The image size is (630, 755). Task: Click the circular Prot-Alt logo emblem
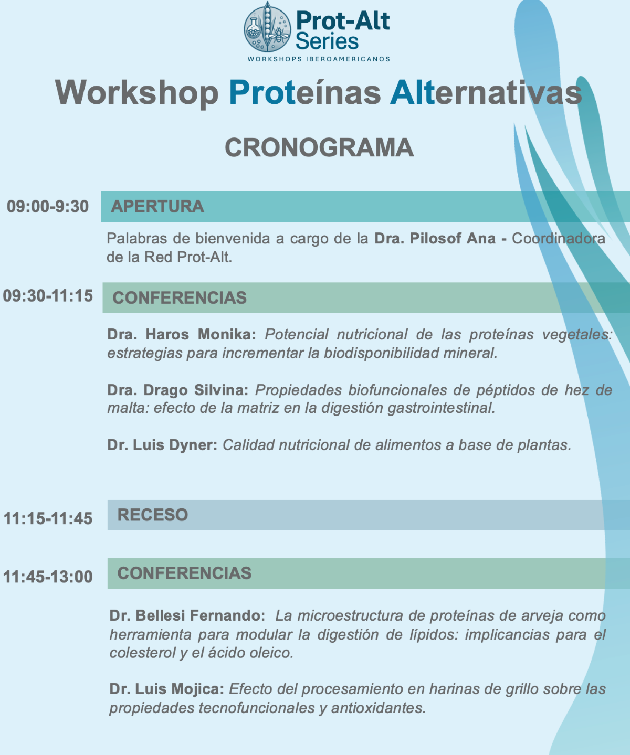click(267, 27)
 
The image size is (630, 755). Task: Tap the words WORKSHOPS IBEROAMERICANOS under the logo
click(319, 59)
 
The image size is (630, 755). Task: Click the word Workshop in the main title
click(137, 92)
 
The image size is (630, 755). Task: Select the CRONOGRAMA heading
click(319, 147)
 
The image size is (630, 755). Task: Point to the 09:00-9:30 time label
click(48, 207)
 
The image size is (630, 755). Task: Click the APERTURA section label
click(157, 207)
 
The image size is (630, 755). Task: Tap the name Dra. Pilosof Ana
click(435, 239)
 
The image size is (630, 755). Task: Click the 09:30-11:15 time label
click(48, 296)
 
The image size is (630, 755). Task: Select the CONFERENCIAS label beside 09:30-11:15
click(180, 298)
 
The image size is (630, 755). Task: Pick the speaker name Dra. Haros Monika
click(181, 334)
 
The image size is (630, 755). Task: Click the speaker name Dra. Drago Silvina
click(177, 390)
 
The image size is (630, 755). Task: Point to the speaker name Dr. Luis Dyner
click(162, 445)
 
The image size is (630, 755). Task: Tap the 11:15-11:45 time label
click(48, 518)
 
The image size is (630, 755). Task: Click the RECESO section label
click(153, 515)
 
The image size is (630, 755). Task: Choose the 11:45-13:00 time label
click(48, 577)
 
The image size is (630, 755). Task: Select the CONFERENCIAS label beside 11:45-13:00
click(185, 573)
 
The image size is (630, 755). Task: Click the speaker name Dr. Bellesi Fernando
click(187, 616)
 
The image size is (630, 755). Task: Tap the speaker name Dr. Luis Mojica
click(167, 689)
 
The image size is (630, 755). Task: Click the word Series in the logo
click(327, 41)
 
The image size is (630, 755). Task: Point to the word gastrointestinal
click(442, 408)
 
